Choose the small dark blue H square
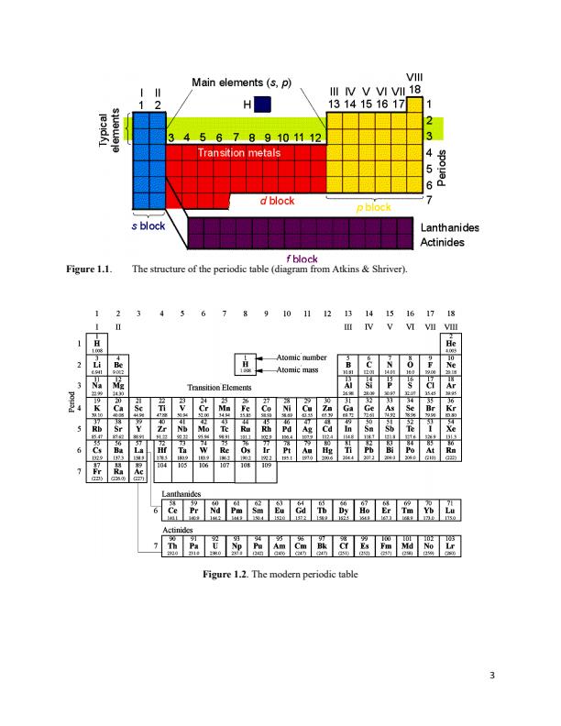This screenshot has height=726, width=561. pyautogui.click(x=267, y=105)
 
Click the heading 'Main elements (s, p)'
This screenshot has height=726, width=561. pyautogui.click(x=242, y=83)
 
